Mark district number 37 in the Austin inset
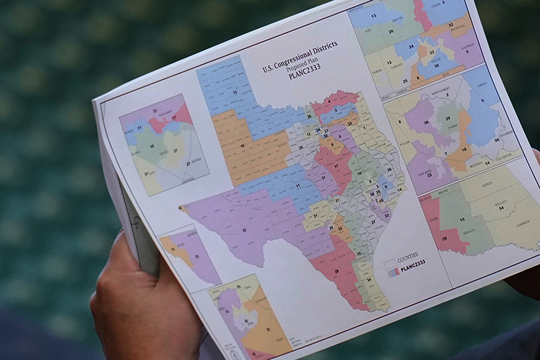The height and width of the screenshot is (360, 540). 175,152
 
